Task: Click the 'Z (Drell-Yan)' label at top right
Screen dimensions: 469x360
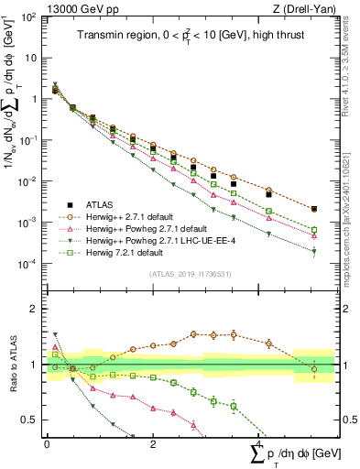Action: pos(303,9)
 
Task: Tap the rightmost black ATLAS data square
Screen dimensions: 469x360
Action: pos(314,210)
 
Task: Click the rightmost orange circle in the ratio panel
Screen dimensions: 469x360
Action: pos(314,369)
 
